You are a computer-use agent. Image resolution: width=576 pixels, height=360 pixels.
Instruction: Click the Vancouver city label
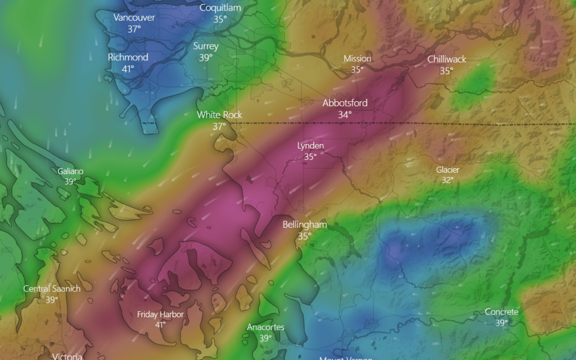pos(134,17)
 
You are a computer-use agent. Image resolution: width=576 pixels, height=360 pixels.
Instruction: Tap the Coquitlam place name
pos(220,7)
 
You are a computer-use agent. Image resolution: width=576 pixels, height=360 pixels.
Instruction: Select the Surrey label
pos(206,46)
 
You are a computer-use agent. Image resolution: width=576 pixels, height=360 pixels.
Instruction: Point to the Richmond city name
pos(128,57)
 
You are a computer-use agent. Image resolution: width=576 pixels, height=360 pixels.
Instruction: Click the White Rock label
pos(219,115)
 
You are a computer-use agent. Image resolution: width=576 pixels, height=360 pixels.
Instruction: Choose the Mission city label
pos(357,58)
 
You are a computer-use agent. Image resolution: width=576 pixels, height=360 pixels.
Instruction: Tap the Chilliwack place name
pos(447,59)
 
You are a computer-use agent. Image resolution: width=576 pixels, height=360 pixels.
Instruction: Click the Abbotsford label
pos(345,103)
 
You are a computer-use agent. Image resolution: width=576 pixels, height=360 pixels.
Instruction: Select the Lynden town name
pos(310,146)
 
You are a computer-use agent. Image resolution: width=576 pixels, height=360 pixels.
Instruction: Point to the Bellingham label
pos(304,224)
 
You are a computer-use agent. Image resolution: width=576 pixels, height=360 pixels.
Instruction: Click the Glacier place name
pos(448,169)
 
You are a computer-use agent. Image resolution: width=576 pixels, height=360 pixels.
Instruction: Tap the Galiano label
pos(70,171)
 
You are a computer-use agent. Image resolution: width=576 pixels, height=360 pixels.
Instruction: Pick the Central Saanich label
pos(52,289)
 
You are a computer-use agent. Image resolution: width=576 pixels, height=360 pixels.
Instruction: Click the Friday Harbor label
pos(160,314)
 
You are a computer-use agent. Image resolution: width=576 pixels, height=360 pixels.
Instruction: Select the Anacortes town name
pos(265,327)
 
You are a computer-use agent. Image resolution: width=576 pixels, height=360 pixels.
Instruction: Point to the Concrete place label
pos(502,312)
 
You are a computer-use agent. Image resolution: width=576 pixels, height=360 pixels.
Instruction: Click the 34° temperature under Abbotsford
pos(345,114)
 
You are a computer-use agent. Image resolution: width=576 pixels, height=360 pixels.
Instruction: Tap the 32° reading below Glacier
pos(448,180)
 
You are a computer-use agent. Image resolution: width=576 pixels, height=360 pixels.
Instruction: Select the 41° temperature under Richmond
pos(128,69)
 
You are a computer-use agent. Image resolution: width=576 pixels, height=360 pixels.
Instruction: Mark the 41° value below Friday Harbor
pos(160,325)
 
